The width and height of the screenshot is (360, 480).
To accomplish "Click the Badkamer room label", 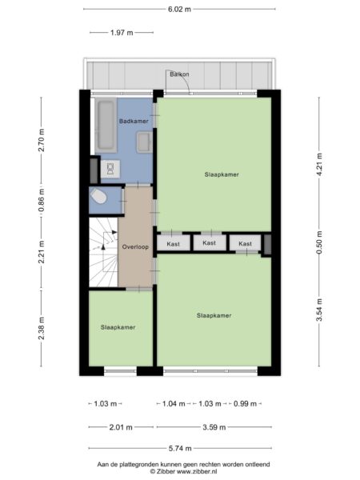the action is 134,121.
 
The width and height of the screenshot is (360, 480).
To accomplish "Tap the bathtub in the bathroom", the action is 106,126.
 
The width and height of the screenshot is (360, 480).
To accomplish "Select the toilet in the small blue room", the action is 99,196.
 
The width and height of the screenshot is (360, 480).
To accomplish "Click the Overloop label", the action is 135,246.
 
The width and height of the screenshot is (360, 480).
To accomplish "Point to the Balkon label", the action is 179,74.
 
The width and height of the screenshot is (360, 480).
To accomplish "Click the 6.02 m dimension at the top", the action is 179,9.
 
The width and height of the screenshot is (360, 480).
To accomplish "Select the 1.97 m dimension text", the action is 122,33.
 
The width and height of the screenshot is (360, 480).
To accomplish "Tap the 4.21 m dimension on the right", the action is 319,164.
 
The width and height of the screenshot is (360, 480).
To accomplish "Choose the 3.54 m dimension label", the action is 319,310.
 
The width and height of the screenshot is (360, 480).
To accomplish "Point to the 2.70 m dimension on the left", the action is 42,140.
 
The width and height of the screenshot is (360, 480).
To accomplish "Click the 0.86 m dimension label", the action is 42,200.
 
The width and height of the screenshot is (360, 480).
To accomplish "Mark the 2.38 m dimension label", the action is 42,328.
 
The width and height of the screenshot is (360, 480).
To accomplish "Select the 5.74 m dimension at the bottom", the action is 180,449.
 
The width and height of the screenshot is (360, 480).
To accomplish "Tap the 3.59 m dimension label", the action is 214,427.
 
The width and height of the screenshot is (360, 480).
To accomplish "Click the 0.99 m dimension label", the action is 246,404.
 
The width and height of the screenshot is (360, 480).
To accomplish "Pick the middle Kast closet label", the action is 209,242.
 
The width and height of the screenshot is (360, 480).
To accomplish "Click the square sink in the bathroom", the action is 144,142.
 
